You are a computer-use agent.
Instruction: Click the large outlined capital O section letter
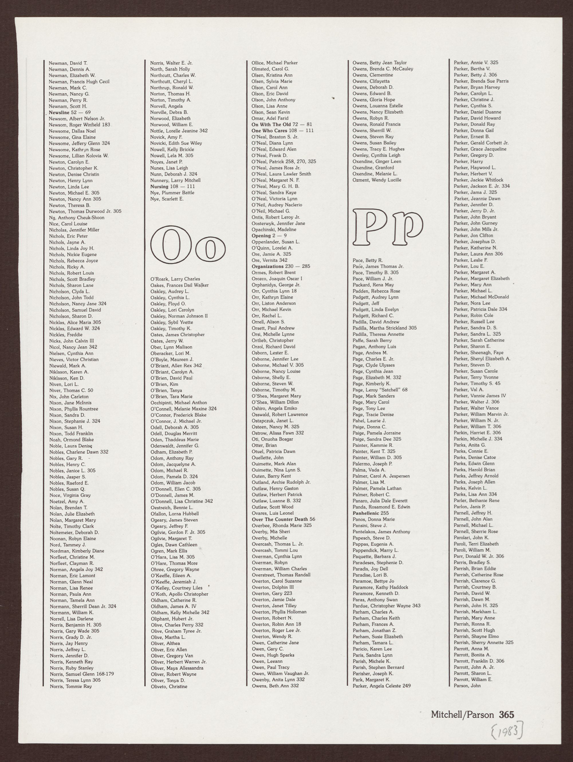coord(168,245)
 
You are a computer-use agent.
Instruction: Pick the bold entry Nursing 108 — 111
coord(172,186)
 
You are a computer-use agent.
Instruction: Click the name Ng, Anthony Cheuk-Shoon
coord(76,217)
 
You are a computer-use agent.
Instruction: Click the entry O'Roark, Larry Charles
coord(175,279)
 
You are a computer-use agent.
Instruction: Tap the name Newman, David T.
coord(68,63)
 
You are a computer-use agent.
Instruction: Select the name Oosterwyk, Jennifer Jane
coord(278,223)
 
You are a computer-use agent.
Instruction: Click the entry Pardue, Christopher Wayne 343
coord(387,606)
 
